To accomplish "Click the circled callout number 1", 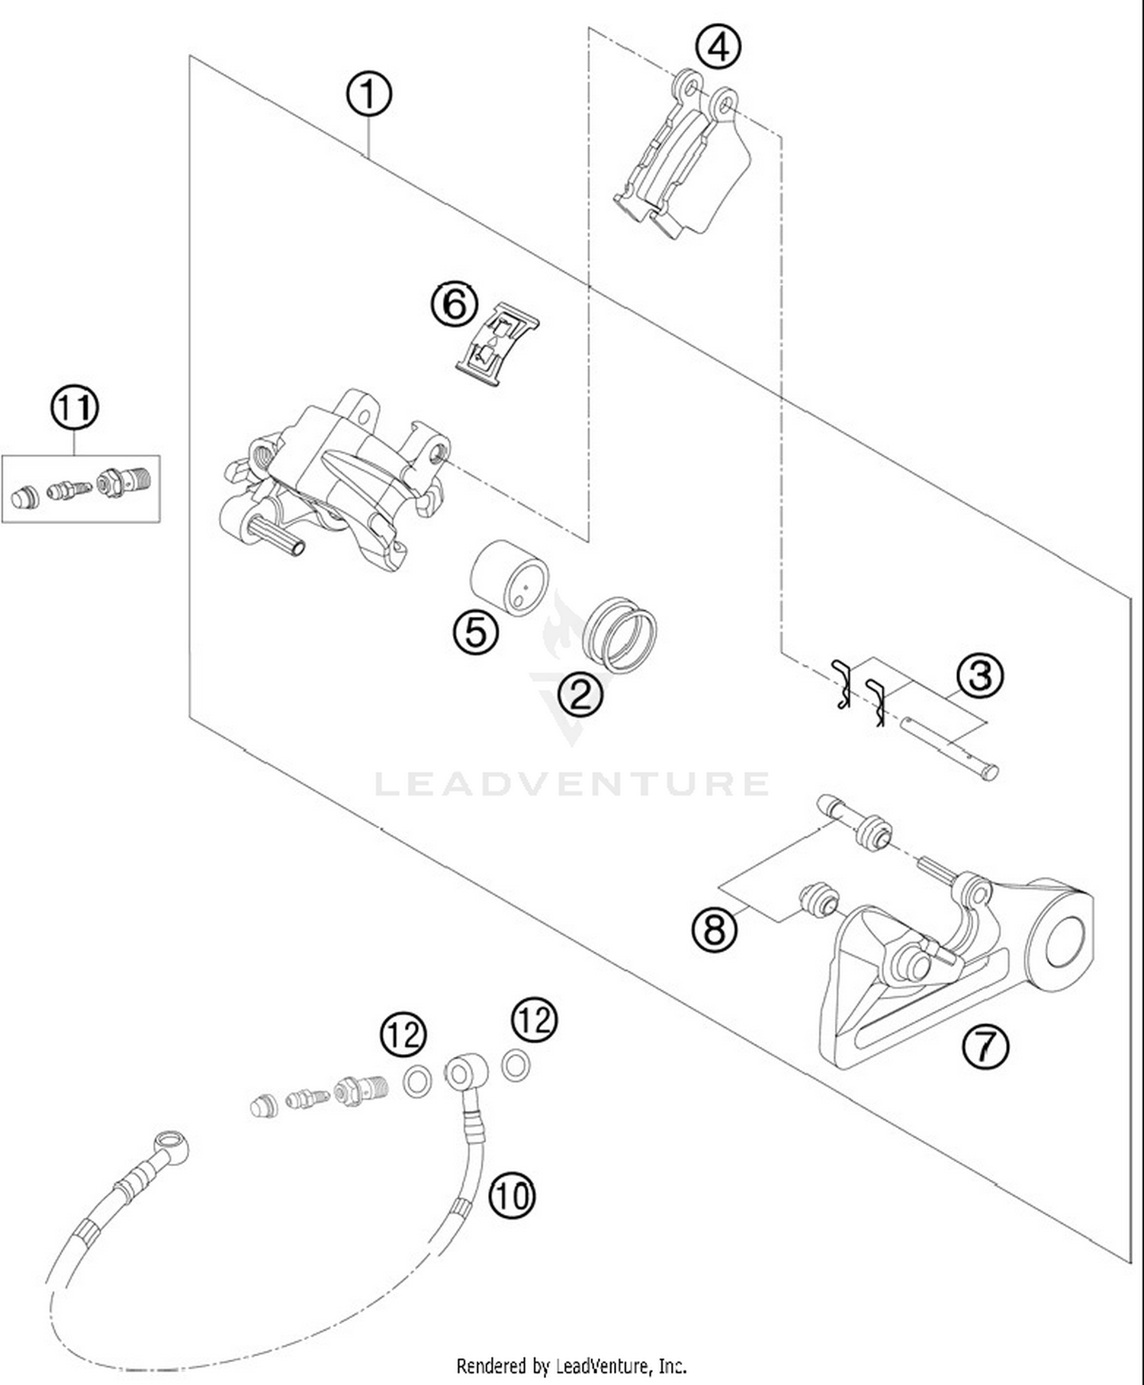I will tap(368, 95).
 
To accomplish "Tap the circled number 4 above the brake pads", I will tap(718, 47).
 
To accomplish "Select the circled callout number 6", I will tap(455, 304).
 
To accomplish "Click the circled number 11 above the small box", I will tap(75, 408).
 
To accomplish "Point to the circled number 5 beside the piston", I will tap(476, 631).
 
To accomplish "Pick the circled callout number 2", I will tap(580, 694).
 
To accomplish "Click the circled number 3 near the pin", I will tap(980, 675).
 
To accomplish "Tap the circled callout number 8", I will tap(715, 930).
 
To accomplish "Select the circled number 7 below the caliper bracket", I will tap(985, 1046).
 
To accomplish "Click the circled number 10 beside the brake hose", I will tap(512, 1195).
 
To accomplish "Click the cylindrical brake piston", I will tap(509, 578).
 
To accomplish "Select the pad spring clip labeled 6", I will tap(497, 343).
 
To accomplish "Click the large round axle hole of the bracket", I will tap(1065, 943).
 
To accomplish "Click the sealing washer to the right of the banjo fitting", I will tap(516, 1065).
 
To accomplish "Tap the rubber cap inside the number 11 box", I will tap(24, 497).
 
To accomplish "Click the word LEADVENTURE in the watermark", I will tap(572, 784).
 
